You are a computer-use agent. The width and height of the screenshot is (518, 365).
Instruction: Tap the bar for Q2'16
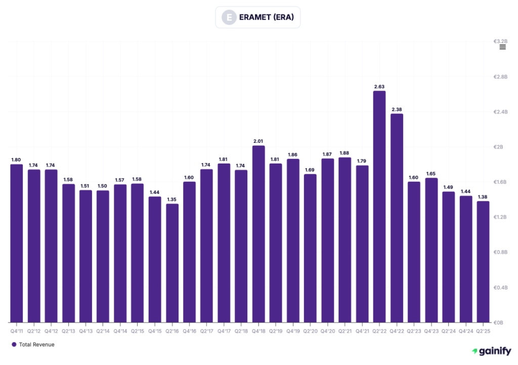coord(172,263)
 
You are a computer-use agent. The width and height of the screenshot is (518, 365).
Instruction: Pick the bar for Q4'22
coord(397,218)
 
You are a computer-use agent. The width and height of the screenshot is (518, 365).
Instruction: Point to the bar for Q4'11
coord(17,243)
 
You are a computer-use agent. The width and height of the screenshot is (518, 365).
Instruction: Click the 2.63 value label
coord(379,87)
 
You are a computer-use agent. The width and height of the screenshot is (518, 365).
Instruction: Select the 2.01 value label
coord(258,141)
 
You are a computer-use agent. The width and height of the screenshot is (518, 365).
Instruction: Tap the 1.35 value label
coord(172,199)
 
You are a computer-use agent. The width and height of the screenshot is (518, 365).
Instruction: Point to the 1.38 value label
coord(483,197)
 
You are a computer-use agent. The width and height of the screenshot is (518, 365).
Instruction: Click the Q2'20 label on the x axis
coord(310,331)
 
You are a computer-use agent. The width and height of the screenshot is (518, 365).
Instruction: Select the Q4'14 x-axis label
coord(120,331)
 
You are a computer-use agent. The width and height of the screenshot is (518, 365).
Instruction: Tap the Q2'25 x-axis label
coord(483,331)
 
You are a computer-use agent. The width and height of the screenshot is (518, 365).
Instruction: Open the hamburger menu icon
coord(502,47)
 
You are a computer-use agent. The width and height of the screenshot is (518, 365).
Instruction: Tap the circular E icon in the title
coord(230,18)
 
